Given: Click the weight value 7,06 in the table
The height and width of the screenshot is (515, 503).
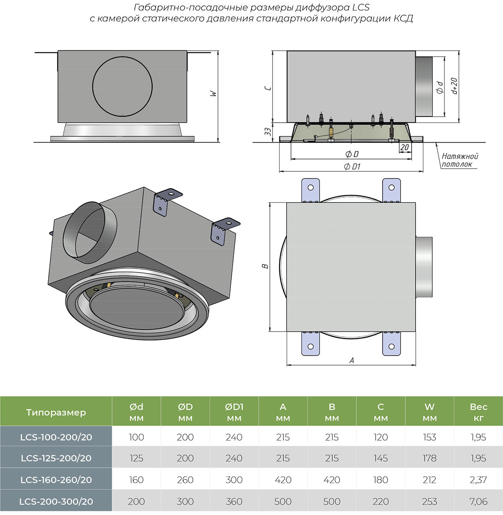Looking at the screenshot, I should coord(478,501).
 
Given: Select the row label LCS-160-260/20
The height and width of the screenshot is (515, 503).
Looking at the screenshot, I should coord(56,480).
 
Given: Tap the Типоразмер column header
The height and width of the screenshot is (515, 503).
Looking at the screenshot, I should coord(56,412).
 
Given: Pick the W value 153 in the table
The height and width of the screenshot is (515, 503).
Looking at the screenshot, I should coord(429,437).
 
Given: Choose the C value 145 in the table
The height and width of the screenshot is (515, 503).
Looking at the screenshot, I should coord(381,458).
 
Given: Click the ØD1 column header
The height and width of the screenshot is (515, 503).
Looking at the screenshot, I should coord(234,412).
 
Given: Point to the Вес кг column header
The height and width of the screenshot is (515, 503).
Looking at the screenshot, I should coord(478,412).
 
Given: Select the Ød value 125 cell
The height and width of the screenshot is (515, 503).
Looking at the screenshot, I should coord(136,458).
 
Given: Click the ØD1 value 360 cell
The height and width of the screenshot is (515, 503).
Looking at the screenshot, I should coord(234,501).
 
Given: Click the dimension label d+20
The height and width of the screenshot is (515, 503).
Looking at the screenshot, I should coord(454,86).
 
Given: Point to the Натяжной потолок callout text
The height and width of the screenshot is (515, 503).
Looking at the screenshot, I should coord(459,160).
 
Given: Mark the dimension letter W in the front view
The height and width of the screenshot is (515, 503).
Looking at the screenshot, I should coord(213,94).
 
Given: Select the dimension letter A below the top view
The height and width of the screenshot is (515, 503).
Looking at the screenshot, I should coord(351,360).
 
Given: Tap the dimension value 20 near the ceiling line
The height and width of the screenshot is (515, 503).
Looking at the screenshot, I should coord(404,147).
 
